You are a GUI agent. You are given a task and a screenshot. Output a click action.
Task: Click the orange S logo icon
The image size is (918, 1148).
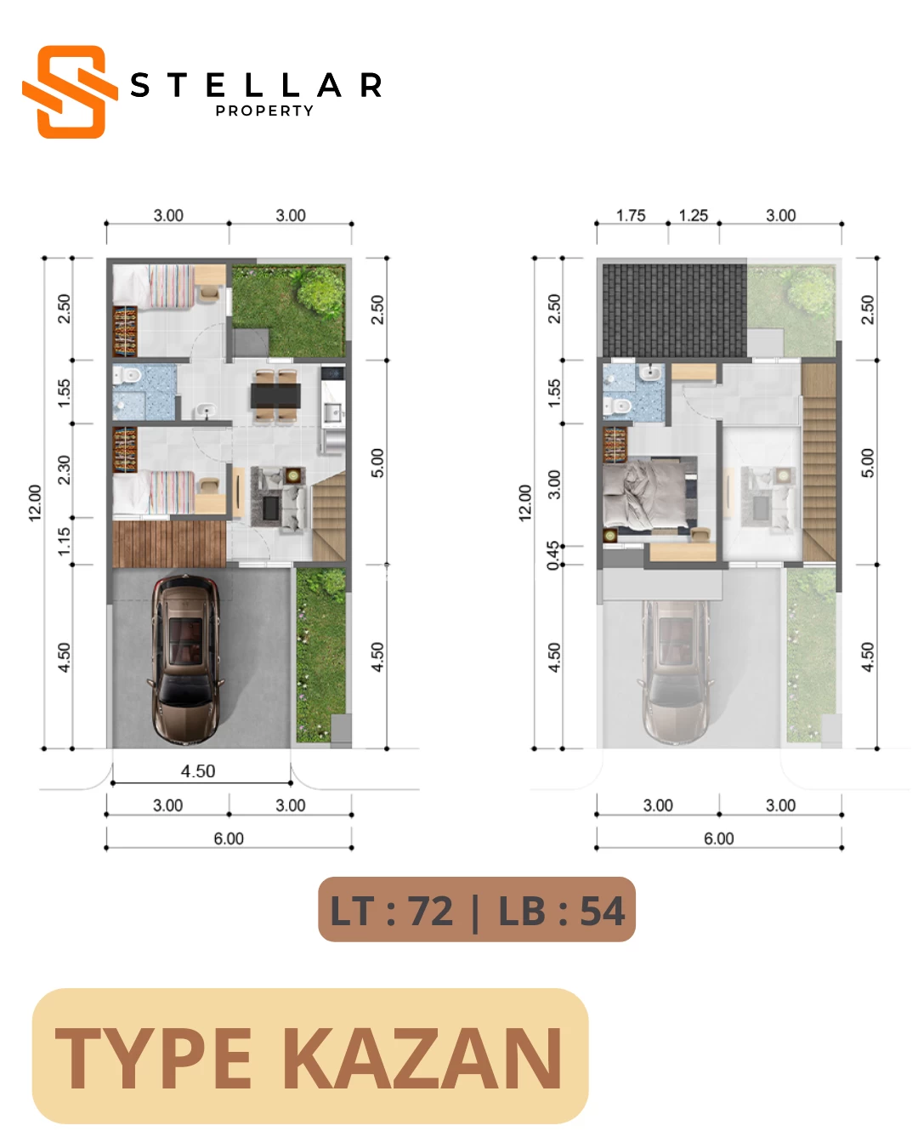tap(70, 92)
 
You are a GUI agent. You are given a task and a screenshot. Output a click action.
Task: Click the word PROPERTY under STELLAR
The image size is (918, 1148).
tap(264, 111)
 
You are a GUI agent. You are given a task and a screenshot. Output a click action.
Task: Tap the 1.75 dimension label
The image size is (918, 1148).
tap(631, 215)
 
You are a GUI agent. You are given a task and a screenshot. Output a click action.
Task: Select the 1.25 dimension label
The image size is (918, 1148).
tap(693, 215)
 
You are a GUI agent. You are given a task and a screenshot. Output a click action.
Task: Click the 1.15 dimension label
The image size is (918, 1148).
tap(64, 541)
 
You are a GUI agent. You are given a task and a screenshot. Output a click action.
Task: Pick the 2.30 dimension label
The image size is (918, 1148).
tap(64, 469)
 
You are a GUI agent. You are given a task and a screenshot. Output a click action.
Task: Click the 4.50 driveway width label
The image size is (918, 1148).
tap(198, 770)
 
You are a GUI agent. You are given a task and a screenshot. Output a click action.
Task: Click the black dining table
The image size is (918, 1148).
tap(275, 395)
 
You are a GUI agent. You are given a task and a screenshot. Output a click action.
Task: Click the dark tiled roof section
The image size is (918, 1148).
tap(675, 310)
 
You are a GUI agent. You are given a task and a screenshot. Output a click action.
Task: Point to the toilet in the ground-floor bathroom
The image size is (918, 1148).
tap(127, 376)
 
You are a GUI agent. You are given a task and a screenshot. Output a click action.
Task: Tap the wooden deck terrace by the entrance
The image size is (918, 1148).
tap(169, 543)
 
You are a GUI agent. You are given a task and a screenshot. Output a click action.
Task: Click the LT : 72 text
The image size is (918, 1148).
tap(392, 911)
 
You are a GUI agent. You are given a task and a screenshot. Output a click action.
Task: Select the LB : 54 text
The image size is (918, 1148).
tap(562, 911)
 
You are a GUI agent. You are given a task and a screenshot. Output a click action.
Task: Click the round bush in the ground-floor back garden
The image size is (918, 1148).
tap(321, 292)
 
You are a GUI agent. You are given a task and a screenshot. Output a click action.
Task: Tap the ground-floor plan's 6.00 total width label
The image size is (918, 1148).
tap(229, 838)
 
